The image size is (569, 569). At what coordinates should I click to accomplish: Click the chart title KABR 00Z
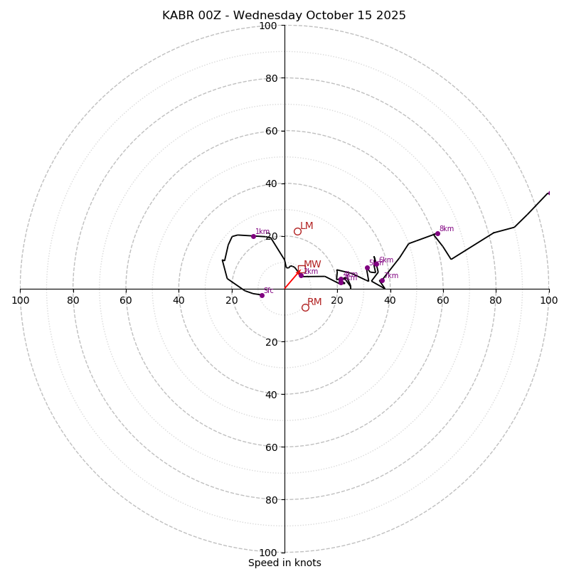(x=284, y=16)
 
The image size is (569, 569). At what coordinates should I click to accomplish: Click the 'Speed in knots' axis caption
(x=284, y=563)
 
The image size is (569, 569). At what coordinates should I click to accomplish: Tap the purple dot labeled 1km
(x=253, y=236)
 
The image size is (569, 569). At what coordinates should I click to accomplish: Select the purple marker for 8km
(x=437, y=233)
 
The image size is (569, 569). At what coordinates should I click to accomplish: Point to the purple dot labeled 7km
(x=382, y=280)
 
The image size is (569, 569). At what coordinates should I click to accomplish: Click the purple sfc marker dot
(x=262, y=295)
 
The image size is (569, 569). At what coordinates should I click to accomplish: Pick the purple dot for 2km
(x=301, y=275)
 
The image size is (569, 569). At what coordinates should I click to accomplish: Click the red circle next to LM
(x=297, y=231)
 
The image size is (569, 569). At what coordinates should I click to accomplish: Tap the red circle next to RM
(x=305, y=307)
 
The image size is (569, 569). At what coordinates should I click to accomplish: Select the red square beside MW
(x=302, y=269)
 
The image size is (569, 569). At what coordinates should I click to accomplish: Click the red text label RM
(x=314, y=302)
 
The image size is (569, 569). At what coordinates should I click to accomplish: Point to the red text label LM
(x=307, y=226)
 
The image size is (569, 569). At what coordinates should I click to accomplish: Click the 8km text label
(x=446, y=229)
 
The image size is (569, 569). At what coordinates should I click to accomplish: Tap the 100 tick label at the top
(x=268, y=26)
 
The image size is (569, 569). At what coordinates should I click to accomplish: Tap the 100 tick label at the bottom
(x=268, y=552)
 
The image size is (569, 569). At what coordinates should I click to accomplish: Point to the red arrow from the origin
(x=292, y=280)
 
